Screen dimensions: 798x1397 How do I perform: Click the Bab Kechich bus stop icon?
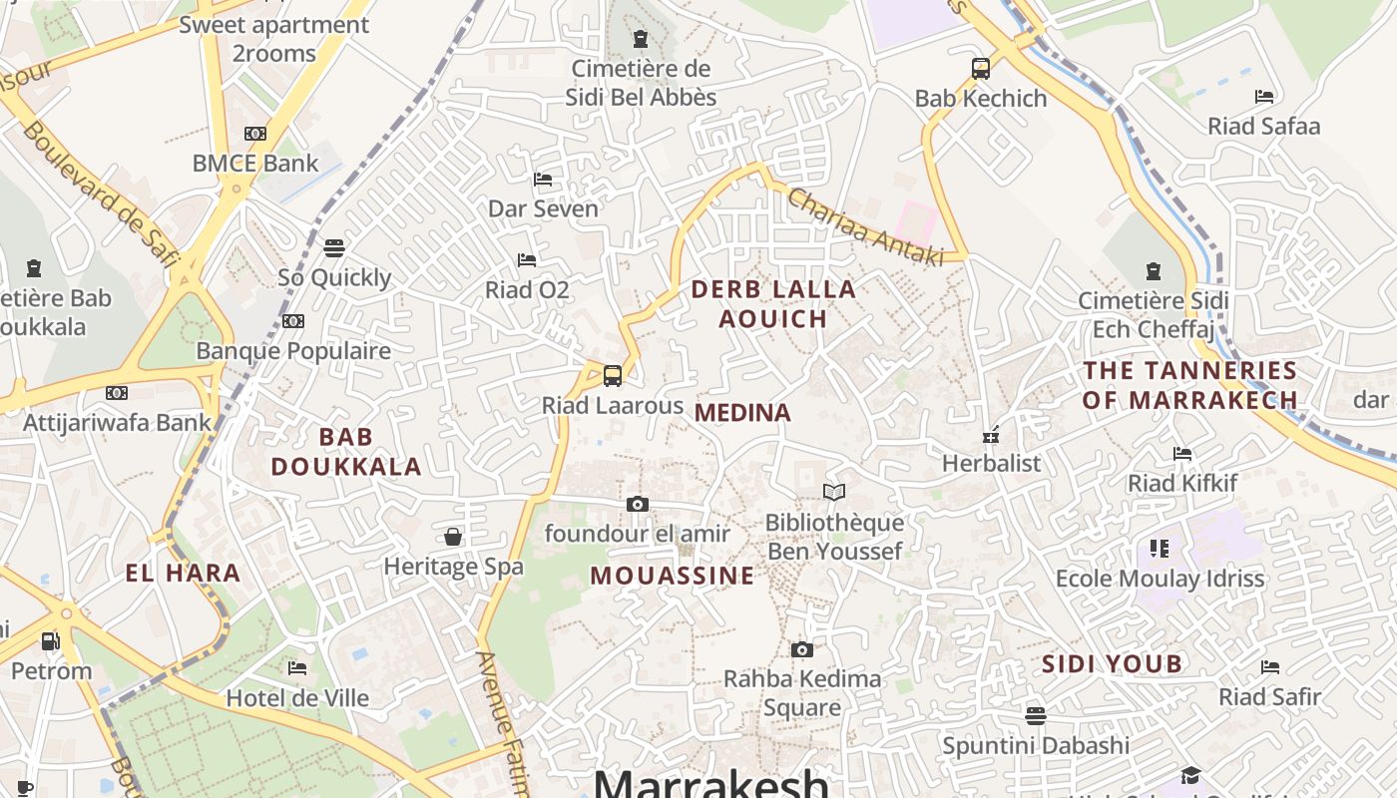point(981,69)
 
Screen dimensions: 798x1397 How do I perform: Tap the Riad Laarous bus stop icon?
point(613,376)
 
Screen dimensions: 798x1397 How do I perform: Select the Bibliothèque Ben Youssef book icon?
point(834,492)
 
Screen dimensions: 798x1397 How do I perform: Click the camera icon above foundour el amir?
point(638,504)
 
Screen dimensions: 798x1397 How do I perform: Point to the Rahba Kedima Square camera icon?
point(802,649)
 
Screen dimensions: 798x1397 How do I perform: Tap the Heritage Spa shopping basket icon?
point(453,537)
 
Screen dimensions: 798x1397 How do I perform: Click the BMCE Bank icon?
point(255,134)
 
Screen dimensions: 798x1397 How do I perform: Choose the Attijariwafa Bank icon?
point(117,393)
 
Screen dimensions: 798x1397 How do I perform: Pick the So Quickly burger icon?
point(334,247)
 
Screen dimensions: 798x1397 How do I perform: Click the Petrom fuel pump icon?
point(51,640)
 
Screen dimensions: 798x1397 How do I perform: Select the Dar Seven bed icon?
point(543,180)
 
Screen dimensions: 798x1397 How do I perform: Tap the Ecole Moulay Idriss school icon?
point(1159,548)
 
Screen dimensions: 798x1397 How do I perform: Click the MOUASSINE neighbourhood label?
point(672,576)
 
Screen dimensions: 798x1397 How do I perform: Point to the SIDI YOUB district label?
point(1112,664)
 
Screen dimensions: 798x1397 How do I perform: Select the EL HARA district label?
point(183,573)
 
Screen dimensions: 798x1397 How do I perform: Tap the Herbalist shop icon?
point(991,434)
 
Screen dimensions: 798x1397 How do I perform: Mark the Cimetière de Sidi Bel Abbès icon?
point(641,39)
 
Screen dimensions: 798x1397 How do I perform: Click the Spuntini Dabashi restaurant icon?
point(1036,715)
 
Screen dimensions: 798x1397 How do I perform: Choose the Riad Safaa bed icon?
point(1264,97)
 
